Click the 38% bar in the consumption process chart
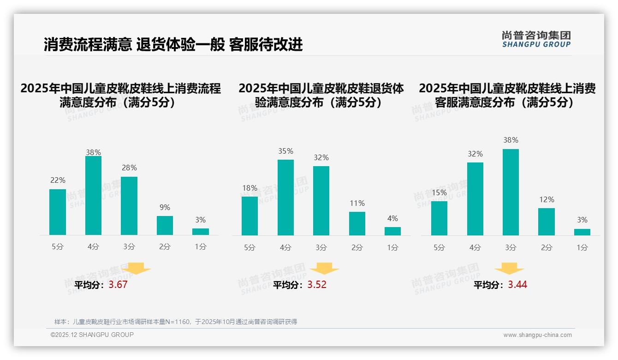pos(93,196)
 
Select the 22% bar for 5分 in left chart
pos(58,212)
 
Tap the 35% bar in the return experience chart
pos(285,198)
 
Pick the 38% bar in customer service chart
pos(511,192)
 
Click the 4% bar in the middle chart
pos(392,231)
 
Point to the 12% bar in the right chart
pos(546,222)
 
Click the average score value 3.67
pos(118,285)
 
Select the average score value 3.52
pos(317,285)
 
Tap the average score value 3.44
pos(517,285)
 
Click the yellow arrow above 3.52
pos(324,269)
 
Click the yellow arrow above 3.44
pos(509,269)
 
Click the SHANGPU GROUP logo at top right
pos(536,39)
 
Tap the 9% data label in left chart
pos(165,208)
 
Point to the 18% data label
pos(250,188)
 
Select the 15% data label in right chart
pos(439,192)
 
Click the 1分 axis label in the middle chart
pos(392,248)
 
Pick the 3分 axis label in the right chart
pos(511,248)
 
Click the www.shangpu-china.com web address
pos(537,335)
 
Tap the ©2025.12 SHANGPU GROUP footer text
pos(92,335)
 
